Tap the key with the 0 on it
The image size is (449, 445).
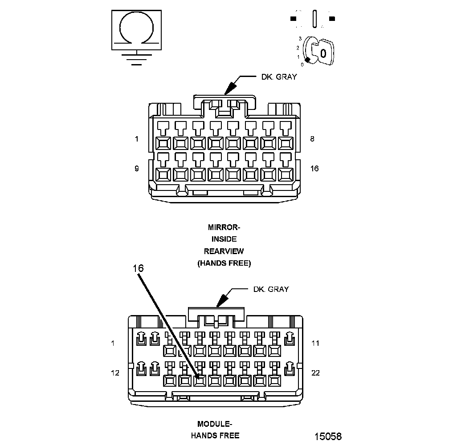[323, 53]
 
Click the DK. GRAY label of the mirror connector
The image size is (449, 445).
[279, 77]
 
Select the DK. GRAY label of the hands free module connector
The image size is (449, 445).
[271, 289]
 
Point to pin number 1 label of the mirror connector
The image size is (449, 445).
[137, 139]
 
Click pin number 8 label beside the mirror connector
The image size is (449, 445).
[312, 139]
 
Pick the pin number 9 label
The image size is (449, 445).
[137, 168]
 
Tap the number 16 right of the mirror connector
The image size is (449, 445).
[314, 168]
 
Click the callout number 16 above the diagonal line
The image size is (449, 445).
[138, 268]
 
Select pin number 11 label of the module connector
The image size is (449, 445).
[315, 343]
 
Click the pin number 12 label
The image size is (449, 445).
[115, 372]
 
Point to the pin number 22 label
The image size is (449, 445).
[315, 372]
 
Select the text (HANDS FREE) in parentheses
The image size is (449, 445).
[224, 263]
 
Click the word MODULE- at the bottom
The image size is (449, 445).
[215, 424]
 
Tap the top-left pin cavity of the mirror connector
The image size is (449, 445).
[162, 143]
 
